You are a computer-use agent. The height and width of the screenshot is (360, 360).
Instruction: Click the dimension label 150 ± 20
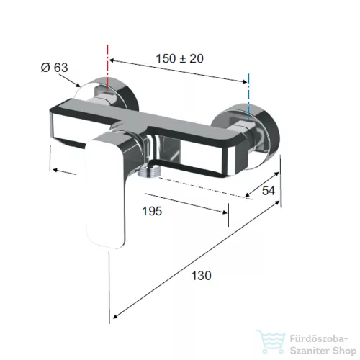(x=180, y=59)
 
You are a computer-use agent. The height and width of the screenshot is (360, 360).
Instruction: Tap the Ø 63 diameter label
(x=55, y=68)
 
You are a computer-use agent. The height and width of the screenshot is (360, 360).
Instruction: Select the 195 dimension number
(x=152, y=212)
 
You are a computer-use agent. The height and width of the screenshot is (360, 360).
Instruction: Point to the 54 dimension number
(x=269, y=191)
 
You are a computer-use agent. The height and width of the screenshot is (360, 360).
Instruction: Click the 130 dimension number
(x=202, y=276)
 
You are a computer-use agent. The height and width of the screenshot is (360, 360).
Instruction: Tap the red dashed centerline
(x=108, y=68)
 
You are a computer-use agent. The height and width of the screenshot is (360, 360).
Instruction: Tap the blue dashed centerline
(x=248, y=96)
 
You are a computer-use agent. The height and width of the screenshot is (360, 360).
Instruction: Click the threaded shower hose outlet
(x=147, y=172)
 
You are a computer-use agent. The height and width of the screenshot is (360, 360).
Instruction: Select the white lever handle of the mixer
(x=106, y=193)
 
